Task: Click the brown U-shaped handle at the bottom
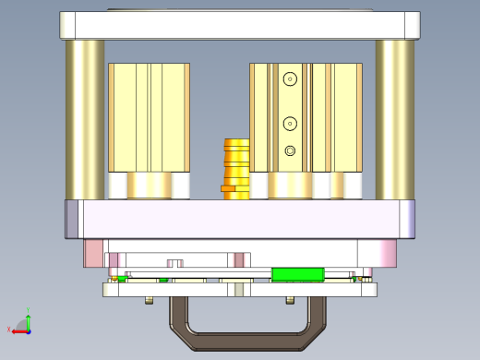coord(238,342)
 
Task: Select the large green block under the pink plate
coord(297,273)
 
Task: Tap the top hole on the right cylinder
coord(290,79)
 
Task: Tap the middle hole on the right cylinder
coord(290,123)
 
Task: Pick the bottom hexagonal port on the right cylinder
coord(290,150)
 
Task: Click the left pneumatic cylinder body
coord(149,116)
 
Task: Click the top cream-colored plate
coord(239,25)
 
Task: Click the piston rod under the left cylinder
coord(149,186)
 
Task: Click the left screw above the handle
coord(149,300)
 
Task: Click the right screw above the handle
coord(290,300)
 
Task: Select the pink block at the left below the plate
coord(94,252)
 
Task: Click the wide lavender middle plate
coord(239,220)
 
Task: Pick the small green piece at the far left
coord(121,278)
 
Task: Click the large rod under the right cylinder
coord(290,186)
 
